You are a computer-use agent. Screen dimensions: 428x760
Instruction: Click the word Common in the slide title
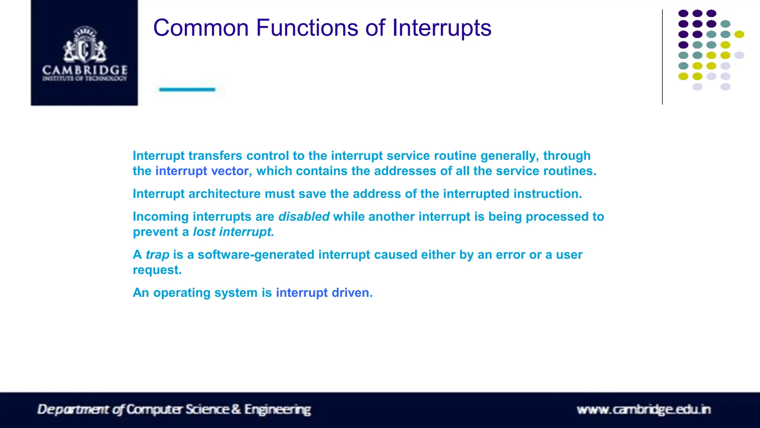[201, 28]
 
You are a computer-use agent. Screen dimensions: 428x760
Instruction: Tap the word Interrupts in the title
[442, 28]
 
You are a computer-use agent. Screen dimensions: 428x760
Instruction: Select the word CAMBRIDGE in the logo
[85, 70]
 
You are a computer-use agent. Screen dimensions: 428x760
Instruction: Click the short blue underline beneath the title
[187, 89]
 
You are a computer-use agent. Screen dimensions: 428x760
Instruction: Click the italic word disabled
[304, 217]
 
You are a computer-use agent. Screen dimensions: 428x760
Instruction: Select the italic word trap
[157, 255]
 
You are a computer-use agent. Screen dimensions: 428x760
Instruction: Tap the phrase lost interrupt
[233, 232]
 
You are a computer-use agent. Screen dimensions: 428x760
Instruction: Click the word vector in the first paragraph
[230, 171]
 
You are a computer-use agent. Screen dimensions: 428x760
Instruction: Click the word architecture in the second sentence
[225, 194]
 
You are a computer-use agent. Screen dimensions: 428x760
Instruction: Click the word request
[157, 270]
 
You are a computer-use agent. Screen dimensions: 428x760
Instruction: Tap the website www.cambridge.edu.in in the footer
[643, 410]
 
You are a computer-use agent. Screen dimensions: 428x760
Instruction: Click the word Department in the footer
[73, 409]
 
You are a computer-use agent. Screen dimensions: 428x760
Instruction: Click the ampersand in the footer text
[236, 409]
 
